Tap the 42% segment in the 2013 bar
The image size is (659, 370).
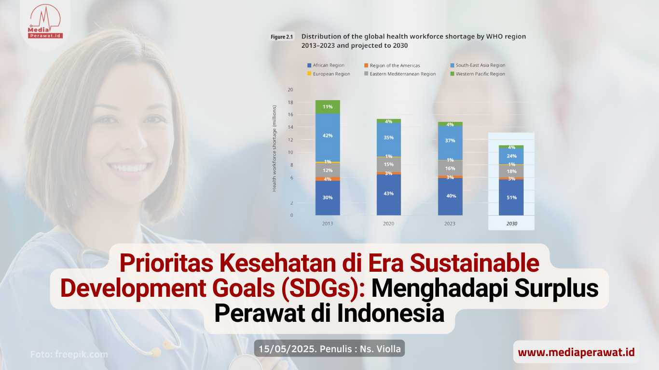328,136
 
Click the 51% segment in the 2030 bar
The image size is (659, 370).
511,198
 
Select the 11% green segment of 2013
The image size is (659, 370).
328,106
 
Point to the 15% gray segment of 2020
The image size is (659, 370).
389,164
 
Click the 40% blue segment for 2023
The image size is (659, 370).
450,196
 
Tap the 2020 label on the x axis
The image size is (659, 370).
389,224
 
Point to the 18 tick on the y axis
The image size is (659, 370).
290,102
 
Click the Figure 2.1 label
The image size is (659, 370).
282,37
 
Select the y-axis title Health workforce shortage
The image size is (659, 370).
275,147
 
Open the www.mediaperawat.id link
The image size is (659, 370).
576,353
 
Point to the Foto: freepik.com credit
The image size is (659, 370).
69,355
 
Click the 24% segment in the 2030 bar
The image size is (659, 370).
511,156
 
